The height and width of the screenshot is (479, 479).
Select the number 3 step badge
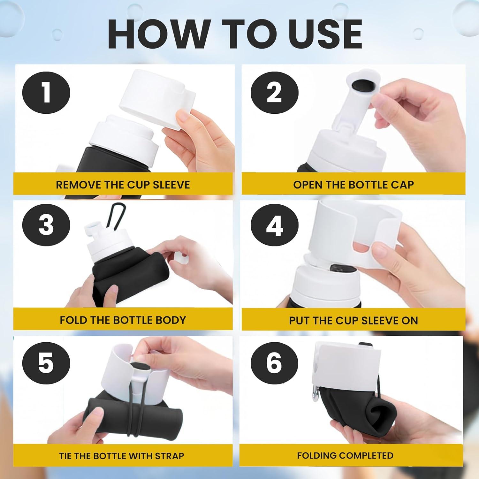[46, 224]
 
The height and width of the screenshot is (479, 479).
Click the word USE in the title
[325, 34]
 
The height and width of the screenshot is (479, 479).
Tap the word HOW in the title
[157, 34]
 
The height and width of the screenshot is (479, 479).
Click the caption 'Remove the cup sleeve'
[123, 185]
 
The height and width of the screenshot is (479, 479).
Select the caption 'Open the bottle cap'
[354, 185]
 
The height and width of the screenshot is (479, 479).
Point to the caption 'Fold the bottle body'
[123, 320]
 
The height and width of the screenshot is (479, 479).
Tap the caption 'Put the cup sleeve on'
[354, 320]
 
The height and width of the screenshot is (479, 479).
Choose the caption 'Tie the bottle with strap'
[122, 456]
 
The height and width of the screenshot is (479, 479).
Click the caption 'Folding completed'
[345, 455]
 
